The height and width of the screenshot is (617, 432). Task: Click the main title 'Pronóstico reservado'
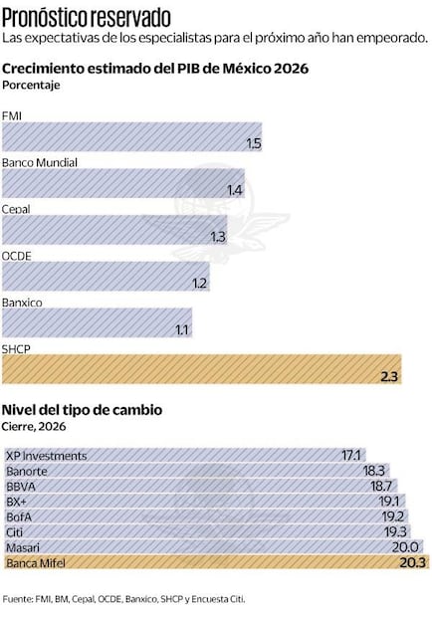point(87,17)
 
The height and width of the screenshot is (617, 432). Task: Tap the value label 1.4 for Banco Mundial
point(235,190)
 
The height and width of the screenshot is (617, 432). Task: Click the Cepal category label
point(17,209)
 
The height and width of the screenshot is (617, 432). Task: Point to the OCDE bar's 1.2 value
point(200,283)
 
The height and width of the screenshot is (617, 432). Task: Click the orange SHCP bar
point(199,369)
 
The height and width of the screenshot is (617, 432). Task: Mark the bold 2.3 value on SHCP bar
point(389,376)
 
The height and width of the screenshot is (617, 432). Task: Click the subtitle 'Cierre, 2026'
point(35,426)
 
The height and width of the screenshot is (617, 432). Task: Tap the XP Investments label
point(46,456)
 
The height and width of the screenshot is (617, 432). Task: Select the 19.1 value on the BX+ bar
point(388,502)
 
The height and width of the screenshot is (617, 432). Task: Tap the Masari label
point(24,547)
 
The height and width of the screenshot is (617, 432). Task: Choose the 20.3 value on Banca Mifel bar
point(412,562)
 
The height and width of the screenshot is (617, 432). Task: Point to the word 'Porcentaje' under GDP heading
point(32,85)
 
